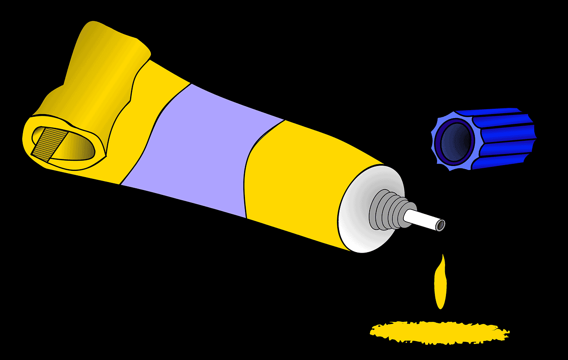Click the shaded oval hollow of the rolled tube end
80,146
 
